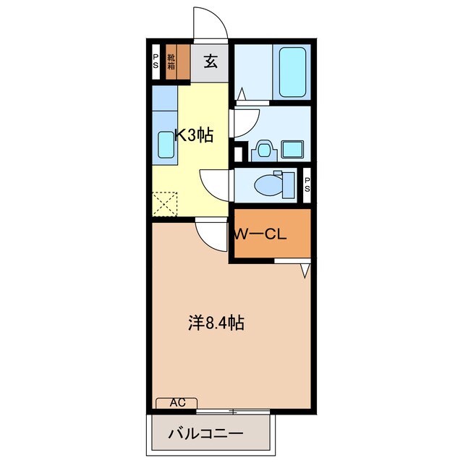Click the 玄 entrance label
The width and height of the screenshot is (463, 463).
point(211,61)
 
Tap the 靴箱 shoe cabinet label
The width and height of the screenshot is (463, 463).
point(171,61)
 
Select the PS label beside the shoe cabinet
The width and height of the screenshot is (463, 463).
point(156,61)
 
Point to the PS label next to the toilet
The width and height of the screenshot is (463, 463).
point(307,184)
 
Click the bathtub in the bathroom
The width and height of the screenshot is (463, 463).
point(292,72)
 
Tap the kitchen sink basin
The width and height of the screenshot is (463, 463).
point(166,145)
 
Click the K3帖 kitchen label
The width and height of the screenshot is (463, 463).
point(194,135)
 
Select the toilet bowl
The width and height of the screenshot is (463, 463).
point(268,185)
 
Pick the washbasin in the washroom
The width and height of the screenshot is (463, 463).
point(264,150)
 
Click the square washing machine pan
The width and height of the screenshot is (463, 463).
point(292,150)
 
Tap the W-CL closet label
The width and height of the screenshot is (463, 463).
point(260,234)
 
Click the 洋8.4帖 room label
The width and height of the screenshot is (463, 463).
point(216,323)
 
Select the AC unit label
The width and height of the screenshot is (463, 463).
point(178,402)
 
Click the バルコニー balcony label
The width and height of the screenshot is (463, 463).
point(205,434)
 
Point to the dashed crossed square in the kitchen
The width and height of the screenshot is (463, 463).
point(164,204)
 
